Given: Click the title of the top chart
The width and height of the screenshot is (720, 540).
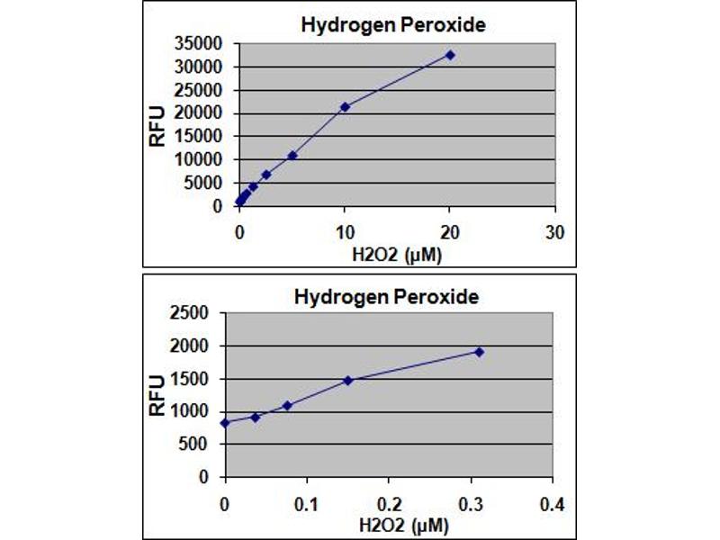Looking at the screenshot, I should click(392, 24).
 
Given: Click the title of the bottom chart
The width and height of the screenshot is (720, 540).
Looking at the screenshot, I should click(386, 296).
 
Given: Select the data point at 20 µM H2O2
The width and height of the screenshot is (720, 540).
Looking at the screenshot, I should click(450, 55).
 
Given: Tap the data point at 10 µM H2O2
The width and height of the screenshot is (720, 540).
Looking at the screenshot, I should click(345, 107).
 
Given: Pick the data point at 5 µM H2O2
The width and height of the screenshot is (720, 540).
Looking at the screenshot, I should click(292, 155).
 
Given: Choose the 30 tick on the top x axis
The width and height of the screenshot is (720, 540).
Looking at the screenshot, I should click(555, 231).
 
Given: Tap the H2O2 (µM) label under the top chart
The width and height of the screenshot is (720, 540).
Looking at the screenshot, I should click(396, 253).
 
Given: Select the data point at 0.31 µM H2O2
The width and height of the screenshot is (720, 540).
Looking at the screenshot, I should click(479, 351).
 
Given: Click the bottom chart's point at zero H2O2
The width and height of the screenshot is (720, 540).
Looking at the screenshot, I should click(225, 422).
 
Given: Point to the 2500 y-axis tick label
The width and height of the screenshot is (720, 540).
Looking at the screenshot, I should click(191, 313).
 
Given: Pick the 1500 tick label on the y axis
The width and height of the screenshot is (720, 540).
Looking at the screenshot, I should click(191, 379).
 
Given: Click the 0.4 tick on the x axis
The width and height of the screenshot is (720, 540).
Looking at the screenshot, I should click(552, 501).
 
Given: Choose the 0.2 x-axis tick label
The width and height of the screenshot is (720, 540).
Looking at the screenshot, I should click(388, 501).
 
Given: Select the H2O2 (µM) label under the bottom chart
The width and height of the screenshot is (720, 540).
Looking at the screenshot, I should click(389, 523).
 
